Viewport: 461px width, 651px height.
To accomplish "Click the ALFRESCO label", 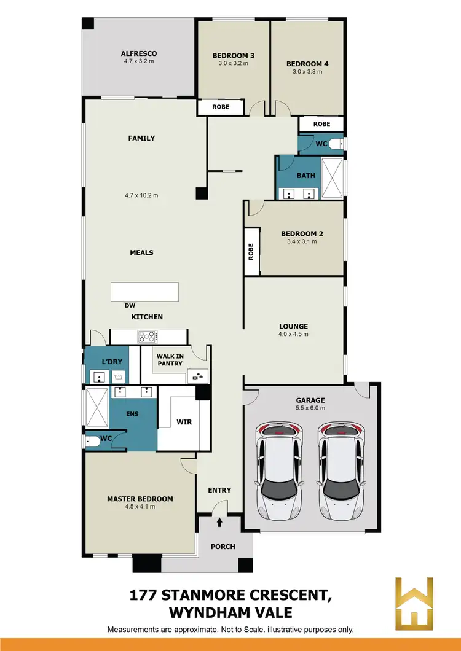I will (139, 53).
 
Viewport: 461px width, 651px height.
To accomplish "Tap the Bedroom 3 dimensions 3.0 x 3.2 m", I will (233, 63).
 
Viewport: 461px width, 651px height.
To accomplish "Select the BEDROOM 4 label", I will (307, 63).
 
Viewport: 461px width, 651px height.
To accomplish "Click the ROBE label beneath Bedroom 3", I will (221, 107).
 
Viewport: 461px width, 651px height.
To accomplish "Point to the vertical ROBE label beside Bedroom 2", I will (251, 251).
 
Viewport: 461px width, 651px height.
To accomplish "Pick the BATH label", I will (305, 176).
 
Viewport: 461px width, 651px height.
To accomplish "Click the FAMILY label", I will (141, 138).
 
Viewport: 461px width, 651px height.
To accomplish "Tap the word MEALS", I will (141, 252).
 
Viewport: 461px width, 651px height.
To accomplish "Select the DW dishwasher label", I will (130, 305).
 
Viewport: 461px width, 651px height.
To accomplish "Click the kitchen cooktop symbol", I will (148, 337).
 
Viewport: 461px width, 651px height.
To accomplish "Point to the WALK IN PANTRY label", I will (170, 360).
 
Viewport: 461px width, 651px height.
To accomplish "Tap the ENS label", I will (132, 414).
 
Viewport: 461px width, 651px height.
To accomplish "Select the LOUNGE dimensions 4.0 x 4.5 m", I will (293, 335).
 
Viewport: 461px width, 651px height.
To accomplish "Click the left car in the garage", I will (280, 470).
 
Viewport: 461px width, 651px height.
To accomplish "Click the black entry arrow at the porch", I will (220, 523).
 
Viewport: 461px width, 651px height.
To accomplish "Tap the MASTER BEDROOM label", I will (140, 499).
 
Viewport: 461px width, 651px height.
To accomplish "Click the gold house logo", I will (414, 603).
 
